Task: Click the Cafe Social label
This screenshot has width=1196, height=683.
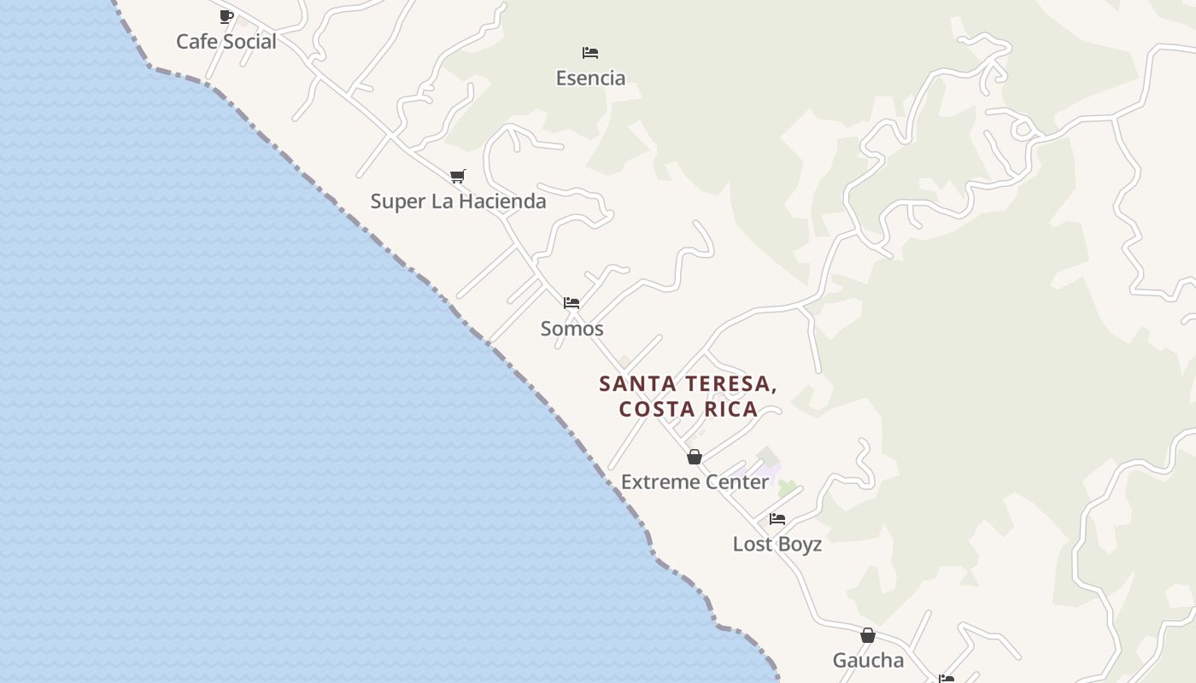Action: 226,42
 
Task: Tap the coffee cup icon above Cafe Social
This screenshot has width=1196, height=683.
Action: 226,16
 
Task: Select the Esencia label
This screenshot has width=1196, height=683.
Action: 590,79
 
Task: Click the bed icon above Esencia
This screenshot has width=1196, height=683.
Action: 589,53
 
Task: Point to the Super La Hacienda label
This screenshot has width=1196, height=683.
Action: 458,201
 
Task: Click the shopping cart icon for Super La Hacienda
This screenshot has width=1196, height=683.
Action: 458,176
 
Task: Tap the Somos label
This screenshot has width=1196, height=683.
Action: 572,329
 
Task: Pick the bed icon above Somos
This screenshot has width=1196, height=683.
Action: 572,303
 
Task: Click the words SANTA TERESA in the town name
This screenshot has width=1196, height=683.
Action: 688,384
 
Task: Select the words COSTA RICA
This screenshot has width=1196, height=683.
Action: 689,409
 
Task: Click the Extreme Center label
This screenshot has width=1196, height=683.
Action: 695,482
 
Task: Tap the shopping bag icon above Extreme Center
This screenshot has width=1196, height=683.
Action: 695,457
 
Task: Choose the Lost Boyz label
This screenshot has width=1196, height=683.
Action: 777,545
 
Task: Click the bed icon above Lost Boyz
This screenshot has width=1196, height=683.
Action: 777,518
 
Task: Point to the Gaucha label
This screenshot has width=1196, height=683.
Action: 868,661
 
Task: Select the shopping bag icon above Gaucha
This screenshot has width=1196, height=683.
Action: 868,635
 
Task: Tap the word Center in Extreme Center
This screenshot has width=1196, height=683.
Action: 736,482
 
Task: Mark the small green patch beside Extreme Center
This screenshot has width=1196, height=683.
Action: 787,487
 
